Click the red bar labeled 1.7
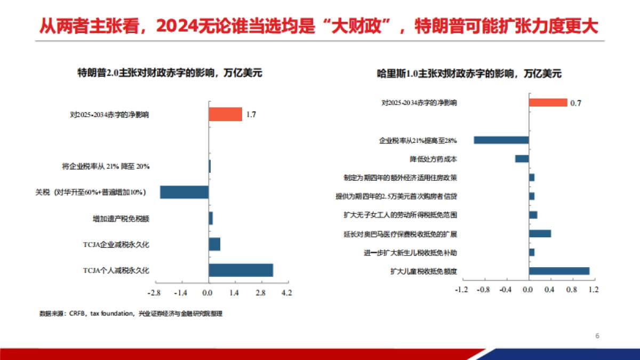(x=225, y=114)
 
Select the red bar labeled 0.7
(x=548, y=102)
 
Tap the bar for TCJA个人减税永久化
(x=241, y=270)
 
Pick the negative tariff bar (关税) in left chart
(x=184, y=192)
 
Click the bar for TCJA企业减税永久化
(x=214, y=244)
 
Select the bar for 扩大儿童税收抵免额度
(x=559, y=271)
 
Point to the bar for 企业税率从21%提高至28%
(x=501, y=140)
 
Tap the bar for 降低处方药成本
(x=522, y=159)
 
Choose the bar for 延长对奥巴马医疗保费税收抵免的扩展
(x=540, y=234)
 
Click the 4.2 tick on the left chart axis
(x=286, y=293)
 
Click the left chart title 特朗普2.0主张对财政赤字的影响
(x=170, y=73)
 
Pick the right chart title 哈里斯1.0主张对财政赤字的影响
(x=469, y=74)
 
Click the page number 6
(x=597, y=336)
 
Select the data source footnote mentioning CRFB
(x=131, y=314)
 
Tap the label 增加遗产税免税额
(x=121, y=219)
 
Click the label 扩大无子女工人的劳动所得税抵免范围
(x=400, y=215)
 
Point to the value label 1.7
(x=251, y=115)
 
